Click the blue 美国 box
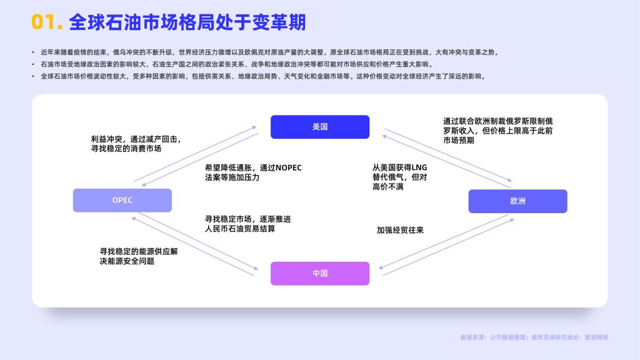coord(320,127)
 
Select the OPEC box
coord(122,201)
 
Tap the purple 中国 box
coord(320,274)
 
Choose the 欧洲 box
coord(517,201)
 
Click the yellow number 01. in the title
coord(47,22)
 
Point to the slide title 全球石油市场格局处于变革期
coord(187,22)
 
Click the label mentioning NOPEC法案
coord(253,172)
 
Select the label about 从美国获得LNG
coord(399,177)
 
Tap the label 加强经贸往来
coord(400,230)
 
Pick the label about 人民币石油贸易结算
coord(247,224)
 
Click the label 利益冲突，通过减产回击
coord(136,144)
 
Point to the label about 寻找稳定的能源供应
coord(139,256)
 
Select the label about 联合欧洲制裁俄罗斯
coord(498,131)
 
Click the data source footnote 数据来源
coord(534,337)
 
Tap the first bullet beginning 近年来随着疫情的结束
coord(269,52)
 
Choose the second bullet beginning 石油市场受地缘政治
coord(237,64)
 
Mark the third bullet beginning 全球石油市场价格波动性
coord(263,76)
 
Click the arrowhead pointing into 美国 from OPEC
coord(254,127)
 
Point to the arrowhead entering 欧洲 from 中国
coord(512,220)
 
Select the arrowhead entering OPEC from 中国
coord(134,219)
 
